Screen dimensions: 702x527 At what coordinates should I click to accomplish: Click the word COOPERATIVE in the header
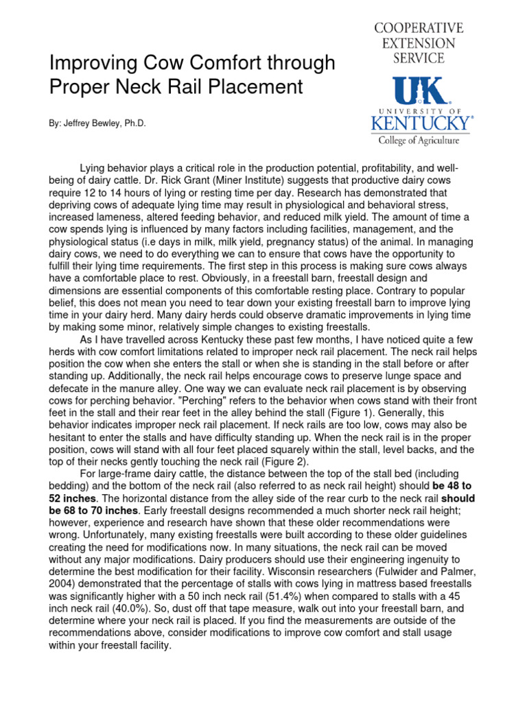click(x=419, y=28)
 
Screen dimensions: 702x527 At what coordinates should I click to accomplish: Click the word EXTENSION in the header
click(x=419, y=43)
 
